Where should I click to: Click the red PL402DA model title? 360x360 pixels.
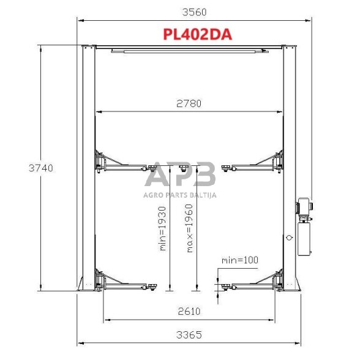(x=197, y=34)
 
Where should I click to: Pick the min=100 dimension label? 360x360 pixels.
(x=239, y=260)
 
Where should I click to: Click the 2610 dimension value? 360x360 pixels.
(x=189, y=311)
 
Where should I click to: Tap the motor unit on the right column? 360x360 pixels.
(x=303, y=208)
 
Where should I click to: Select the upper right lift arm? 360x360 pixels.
(x=255, y=164)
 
